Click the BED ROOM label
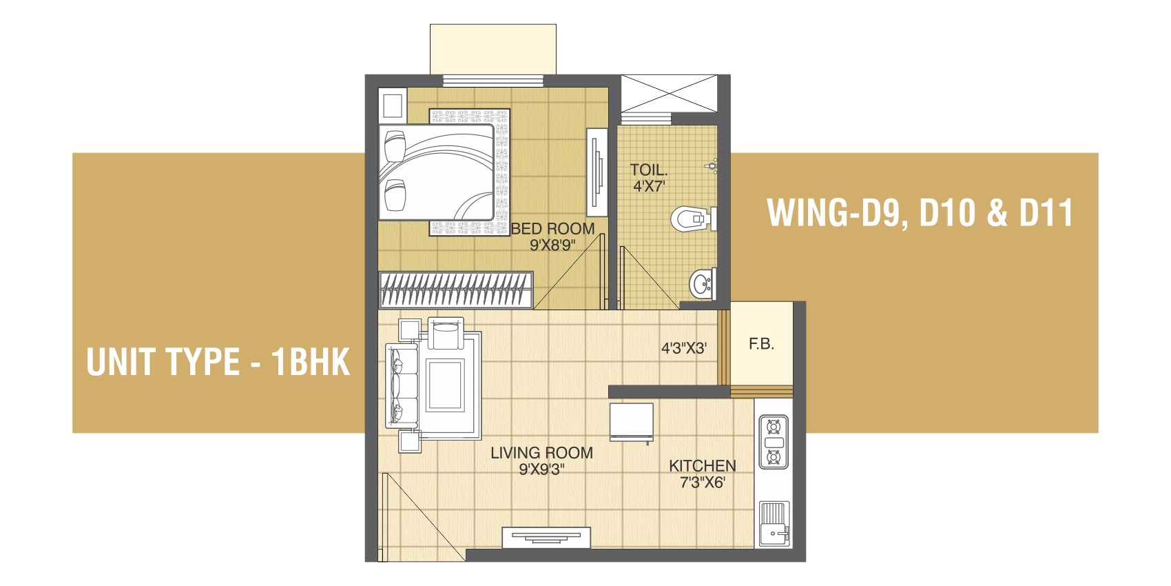pos(552,229)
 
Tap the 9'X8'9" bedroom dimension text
pos(552,245)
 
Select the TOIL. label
pos(649,170)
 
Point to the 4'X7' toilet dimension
pos(649,185)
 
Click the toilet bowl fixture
pos(693,219)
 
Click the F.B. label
pos(761,344)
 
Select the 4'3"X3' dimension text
pos(684,348)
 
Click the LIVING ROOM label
pos(541,452)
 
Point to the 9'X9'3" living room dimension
pos(541,469)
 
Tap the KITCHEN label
pos(702,465)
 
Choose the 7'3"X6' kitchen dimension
pos(702,483)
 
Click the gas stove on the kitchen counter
pos(773,442)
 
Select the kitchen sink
pos(774,524)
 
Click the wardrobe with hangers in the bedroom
pos(456,290)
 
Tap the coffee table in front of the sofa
pos(445,385)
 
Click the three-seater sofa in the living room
pos(402,385)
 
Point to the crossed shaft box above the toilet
pos(669,93)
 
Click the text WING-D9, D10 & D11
pos(920,212)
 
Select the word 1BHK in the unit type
pos(311,361)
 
